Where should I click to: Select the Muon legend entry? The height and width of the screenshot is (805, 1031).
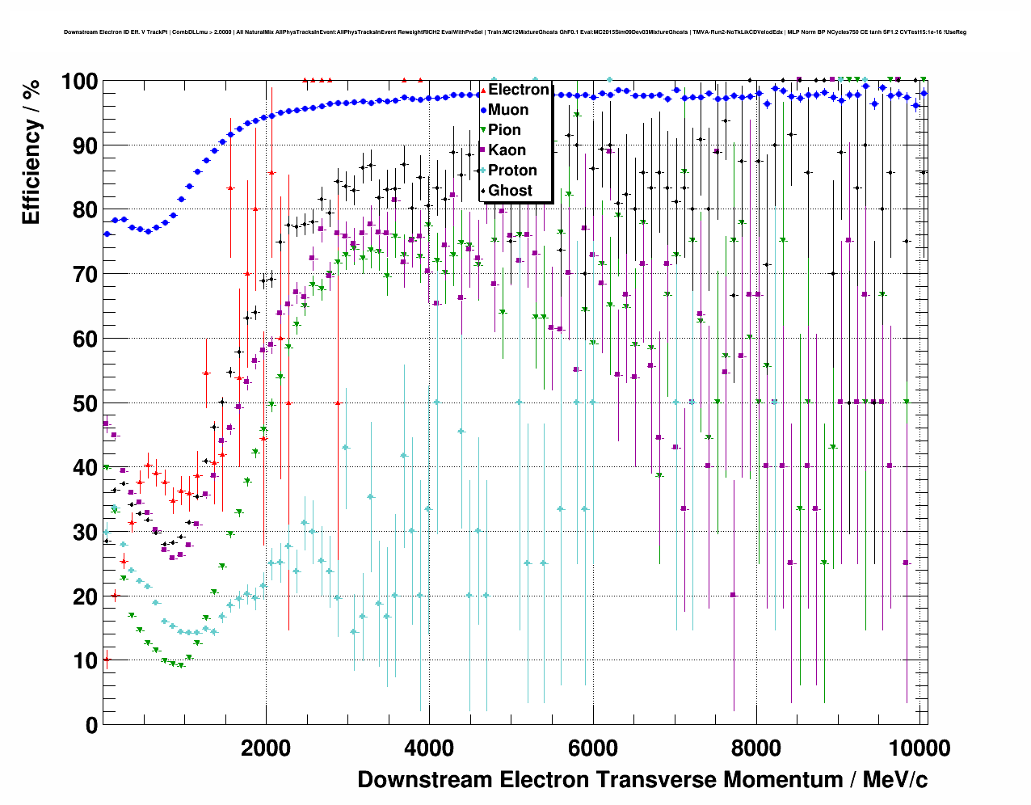click(x=508, y=110)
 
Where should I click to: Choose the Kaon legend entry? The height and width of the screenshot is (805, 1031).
click(x=507, y=150)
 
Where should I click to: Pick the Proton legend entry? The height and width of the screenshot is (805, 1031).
click(x=512, y=171)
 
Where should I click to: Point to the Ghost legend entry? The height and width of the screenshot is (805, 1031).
click(x=510, y=191)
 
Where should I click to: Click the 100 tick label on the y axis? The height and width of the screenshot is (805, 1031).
click(x=80, y=82)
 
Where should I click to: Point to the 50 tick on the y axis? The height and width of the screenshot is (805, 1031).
click(x=85, y=403)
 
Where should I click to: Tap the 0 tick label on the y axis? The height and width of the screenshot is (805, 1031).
click(x=91, y=725)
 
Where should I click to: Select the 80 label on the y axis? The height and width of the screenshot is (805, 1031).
click(x=85, y=210)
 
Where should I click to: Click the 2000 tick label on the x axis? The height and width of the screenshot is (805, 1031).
click(x=266, y=748)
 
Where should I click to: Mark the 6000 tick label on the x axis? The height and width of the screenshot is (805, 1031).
click(x=593, y=748)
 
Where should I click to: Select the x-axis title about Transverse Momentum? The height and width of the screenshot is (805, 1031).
click(x=642, y=780)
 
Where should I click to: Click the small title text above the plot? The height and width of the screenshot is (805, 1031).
click(x=515, y=32)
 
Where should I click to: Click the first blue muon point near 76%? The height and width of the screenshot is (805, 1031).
click(x=107, y=234)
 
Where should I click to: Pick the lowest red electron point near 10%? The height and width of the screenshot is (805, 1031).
click(x=106, y=660)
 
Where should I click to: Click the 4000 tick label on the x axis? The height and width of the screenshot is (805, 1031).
click(x=429, y=748)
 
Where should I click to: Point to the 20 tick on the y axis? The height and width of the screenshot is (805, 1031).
click(x=85, y=596)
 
